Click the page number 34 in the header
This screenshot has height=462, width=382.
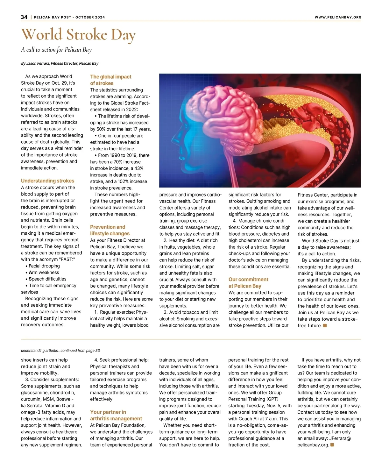(x=24, y=17)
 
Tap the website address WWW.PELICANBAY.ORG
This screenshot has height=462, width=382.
(x=338, y=17)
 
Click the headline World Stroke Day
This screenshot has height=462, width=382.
(x=78, y=35)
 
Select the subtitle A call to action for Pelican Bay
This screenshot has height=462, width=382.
(x=56, y=50)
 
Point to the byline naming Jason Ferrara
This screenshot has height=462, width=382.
(x=60, y=63)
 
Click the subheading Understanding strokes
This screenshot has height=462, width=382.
(x=47, y=181)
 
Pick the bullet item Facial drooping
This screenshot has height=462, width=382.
(x=44, y=266)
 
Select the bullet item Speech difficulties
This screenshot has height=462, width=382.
(x=47, y=279)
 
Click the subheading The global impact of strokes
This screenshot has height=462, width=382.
(x=110, y=80)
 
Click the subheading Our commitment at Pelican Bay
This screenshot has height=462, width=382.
(x=248, y=283)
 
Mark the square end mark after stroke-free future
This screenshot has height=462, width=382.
(x=325, y=325)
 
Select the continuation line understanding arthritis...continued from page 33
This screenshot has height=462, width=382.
(x=60, y=351)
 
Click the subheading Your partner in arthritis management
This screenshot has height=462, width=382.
(x=116, y=415)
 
